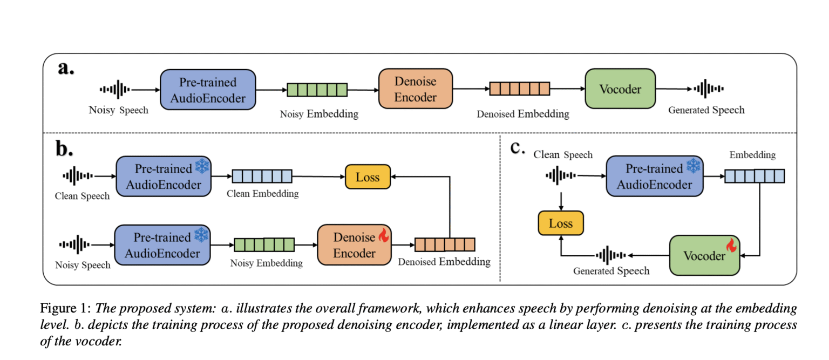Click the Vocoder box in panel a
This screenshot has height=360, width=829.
point(620,89)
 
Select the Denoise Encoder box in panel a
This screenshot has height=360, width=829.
point(415,89)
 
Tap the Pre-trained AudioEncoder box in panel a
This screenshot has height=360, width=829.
point(208,90)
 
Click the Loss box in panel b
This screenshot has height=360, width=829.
point(368,177)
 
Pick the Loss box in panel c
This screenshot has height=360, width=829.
point(561,223)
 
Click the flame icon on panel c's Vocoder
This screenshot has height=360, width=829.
point(731,246)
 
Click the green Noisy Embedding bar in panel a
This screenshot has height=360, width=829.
point(317,89)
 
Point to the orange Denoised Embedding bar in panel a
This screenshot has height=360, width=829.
point(519,89)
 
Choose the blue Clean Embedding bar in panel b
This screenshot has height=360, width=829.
point(262,176)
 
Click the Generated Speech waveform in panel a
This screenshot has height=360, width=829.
point(709,89)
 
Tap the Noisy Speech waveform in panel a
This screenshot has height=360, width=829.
point(114,90)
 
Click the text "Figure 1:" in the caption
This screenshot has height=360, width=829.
point(65,309)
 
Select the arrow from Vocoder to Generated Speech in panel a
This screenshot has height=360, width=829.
point(674,89)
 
